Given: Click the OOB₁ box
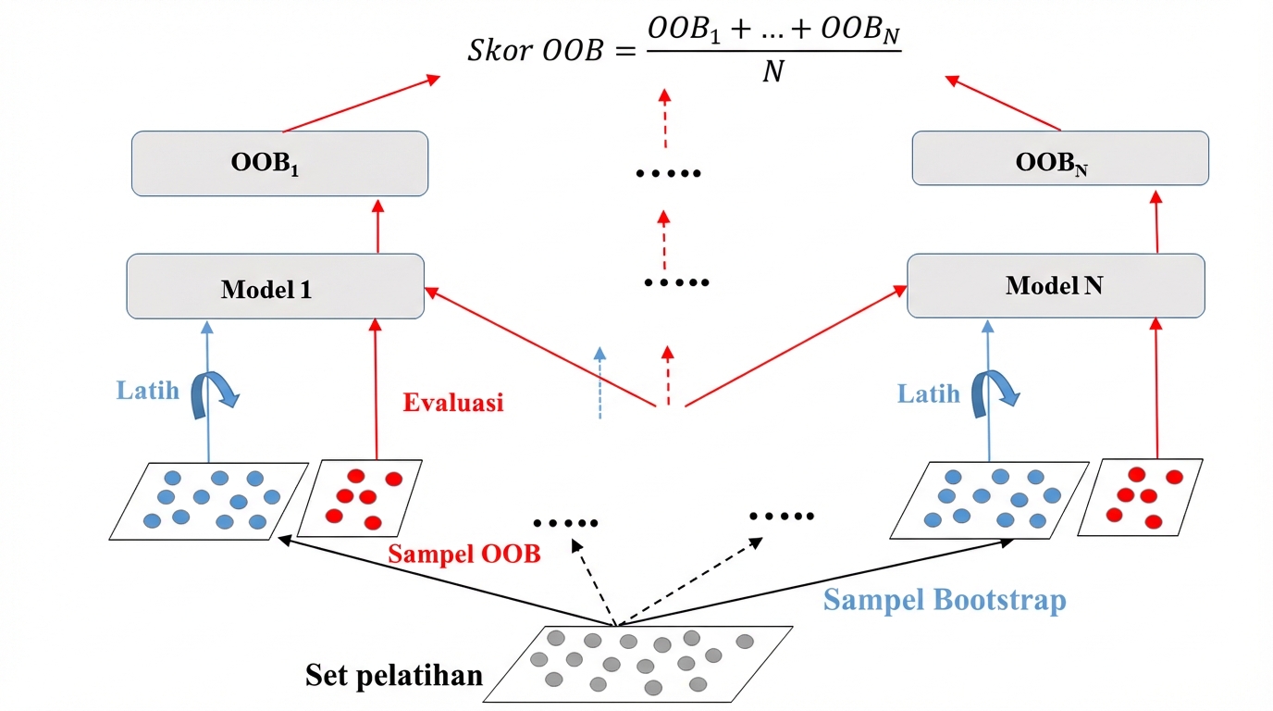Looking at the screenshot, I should [x=279, y=163].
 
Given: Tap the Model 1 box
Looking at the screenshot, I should [x=276, y=287].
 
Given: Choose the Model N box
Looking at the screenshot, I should [x=1056, y=285].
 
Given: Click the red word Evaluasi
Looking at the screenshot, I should [x=452, y=404].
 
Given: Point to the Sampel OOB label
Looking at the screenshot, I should [x=464, y=555].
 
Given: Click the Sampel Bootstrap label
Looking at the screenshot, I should [x=945, y=600].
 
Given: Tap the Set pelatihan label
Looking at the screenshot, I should [x=394, y=675].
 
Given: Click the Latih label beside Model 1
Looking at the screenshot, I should [x=148, y=391].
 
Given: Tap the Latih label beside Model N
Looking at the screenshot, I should [x=928, y=393].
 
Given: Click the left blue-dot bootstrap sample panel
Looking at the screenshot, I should [x=209, y=500].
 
